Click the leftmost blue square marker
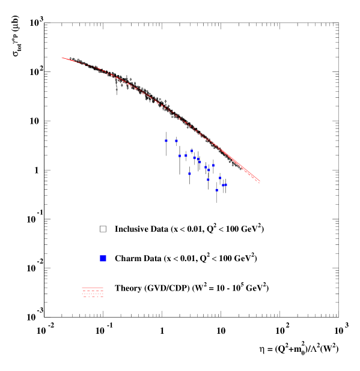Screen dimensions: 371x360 [166, 140]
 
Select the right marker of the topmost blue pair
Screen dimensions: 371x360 [176, 140]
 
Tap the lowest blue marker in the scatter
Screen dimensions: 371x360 [216, 190]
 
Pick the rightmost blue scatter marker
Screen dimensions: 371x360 [225, 185]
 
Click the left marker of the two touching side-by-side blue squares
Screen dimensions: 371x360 [223, 185]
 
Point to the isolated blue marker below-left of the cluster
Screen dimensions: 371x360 [189, 173]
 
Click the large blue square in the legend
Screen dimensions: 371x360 [103, 258]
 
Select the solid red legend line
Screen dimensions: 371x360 [93, 289]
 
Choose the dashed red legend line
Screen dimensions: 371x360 [93, 291]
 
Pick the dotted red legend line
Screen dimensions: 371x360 [93, 294]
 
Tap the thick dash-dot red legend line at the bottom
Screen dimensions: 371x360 [93, 297]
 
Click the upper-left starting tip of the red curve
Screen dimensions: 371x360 [62, 58]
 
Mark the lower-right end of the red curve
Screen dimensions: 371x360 [259, 182]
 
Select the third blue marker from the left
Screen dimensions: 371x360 [179, 155]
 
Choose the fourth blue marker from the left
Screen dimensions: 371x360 [186, 155]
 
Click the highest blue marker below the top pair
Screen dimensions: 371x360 [192, 151]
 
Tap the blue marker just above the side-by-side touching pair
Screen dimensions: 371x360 [219, 178]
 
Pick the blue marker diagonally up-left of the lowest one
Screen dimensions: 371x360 [208, 179]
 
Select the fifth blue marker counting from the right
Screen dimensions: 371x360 [213, 165]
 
